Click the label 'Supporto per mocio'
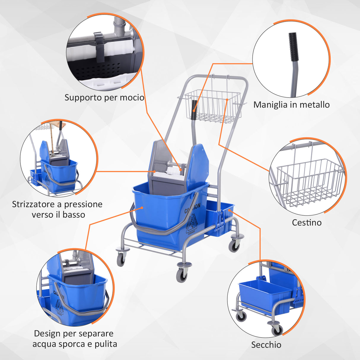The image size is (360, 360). pyautogui.click(x=104, y=98)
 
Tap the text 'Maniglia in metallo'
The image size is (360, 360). pyautogui.click(x=291, y=105)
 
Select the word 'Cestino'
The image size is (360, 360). pyautogui.click(x=307, y=222)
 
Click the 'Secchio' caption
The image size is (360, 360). pyautogui.click(x=266, y=345)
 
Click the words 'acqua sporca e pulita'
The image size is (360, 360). pyautogui.click(x=75, y=344)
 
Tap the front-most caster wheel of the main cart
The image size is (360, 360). pyautogui.click(x=182, y=275)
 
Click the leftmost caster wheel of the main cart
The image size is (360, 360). pyautogui.click(x=121, y=259)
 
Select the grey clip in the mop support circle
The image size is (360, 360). pyautogui.click(x=100, y=46)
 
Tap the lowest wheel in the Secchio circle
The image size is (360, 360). pyautogui.click(x=277, y=329)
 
